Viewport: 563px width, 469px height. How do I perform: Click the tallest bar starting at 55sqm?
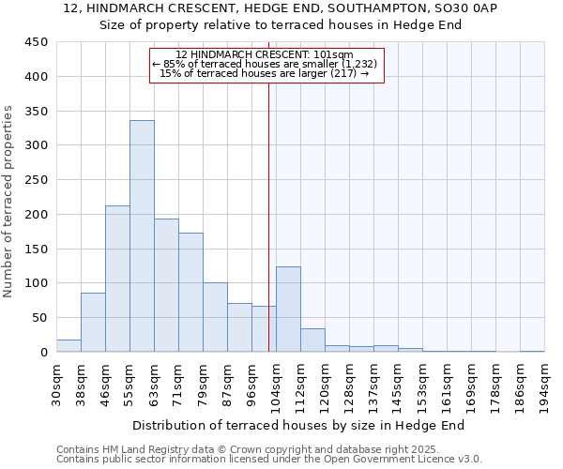tap(142, 236)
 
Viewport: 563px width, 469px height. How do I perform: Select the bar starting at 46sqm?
tap(117, 279)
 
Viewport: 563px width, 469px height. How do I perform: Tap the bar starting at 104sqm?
tap(288, 310)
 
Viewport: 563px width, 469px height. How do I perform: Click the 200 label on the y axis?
tap(37, 215)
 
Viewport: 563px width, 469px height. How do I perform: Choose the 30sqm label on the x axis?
tap(56, 386)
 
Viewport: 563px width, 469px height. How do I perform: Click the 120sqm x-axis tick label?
tap(325, 386)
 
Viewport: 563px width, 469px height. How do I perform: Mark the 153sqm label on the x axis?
tap(422, 386)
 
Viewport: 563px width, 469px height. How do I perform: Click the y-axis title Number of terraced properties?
tap(8, 202)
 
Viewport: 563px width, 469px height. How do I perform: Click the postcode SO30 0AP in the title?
tap(465, 8)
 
